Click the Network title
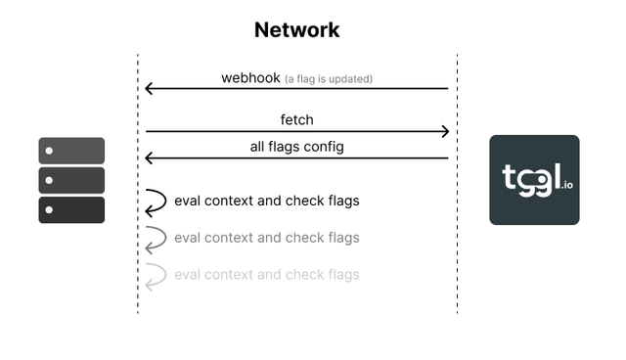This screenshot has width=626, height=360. (x=296, y=29)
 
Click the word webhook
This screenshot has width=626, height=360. (x=251, y=77)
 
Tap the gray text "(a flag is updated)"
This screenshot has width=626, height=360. (x=329, y=78)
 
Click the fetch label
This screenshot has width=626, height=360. (x=296, y=119)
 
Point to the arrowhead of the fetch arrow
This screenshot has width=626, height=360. (x=445, y=131)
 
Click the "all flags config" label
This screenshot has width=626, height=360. (x=296, y=147)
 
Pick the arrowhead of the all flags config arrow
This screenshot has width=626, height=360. (x=149, y=157)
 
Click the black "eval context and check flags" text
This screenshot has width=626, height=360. (x=267, y=201)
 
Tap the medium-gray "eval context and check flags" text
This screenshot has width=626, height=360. (x=267, y=238)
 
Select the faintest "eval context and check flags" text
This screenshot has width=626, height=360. (x=267, y=275)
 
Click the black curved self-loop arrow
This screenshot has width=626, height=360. (x=156, y=202)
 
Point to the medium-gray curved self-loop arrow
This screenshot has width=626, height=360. (x=156, y=239)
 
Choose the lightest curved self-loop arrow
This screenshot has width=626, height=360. (x=156, y=276)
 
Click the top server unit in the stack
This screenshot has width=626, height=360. (x=71, y=151)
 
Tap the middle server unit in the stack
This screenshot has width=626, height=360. (x=71, y=180)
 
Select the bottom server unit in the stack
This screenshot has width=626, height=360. (x=71, y=209)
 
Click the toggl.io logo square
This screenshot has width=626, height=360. (x=534, y=180)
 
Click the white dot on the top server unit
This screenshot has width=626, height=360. (x=49, y=151)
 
